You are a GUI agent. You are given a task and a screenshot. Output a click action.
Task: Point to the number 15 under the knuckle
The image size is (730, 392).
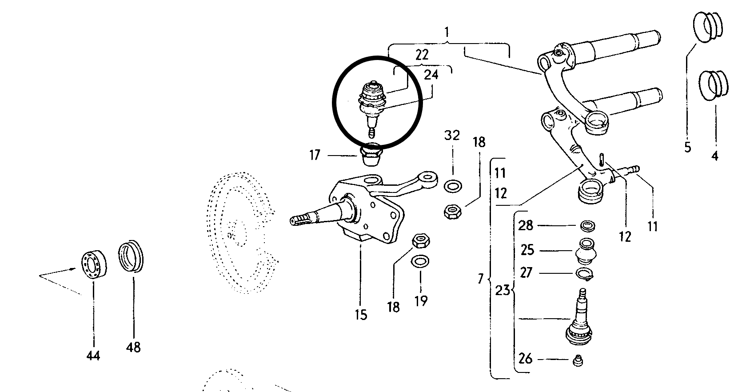[x=361, y=315]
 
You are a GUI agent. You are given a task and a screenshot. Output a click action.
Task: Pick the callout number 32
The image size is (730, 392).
[x=452, y=135]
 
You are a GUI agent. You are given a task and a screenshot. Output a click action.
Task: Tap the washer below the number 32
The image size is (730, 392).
[x=452, y=186]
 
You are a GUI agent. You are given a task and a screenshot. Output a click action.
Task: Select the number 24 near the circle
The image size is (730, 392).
[x=431, y=74]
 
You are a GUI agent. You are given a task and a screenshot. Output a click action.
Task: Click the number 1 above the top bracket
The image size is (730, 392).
[x=447, y=32]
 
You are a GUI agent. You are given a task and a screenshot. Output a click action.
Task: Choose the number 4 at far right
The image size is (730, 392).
[x=715, y=156]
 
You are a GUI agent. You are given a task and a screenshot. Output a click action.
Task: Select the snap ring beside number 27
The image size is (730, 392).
[x=586, y=274]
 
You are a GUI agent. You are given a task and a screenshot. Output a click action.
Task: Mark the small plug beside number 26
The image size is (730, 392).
[x=578, y=360]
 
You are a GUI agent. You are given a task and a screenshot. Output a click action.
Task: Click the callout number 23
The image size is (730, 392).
[x=503, y=291]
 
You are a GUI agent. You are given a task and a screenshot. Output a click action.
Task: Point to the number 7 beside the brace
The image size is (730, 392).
[x=480, y=279]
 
